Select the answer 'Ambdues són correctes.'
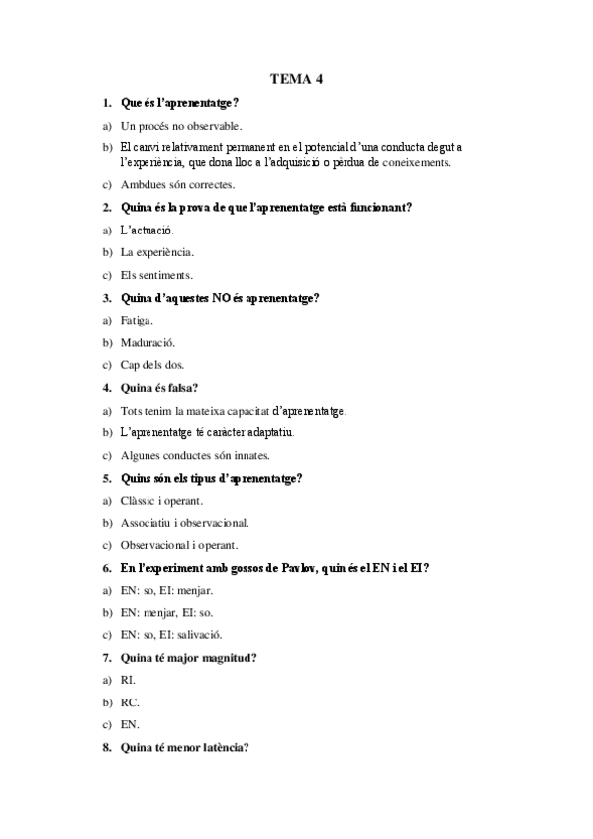point(177,184)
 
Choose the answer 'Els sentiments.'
point(156,275)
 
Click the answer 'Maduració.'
point(148,343)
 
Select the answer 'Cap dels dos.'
point(151,366)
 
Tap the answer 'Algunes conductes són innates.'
point(195,456)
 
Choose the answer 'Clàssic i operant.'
point(161,501)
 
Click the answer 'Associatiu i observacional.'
point(184,523)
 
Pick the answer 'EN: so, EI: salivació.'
point(171,635)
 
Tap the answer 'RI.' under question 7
point(128,681)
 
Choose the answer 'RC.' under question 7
point(130,703)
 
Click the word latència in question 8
point(224,748)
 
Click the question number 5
point(106,479)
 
